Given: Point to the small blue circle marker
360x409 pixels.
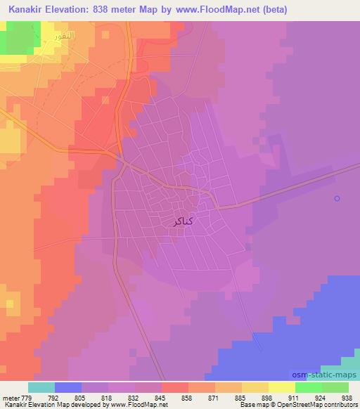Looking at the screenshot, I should coord(337,198).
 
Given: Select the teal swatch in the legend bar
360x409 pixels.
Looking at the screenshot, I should coord(41,387).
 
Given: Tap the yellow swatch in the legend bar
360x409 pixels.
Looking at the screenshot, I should coord(281,387).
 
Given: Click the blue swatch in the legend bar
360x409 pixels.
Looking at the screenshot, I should coord(67,387).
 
